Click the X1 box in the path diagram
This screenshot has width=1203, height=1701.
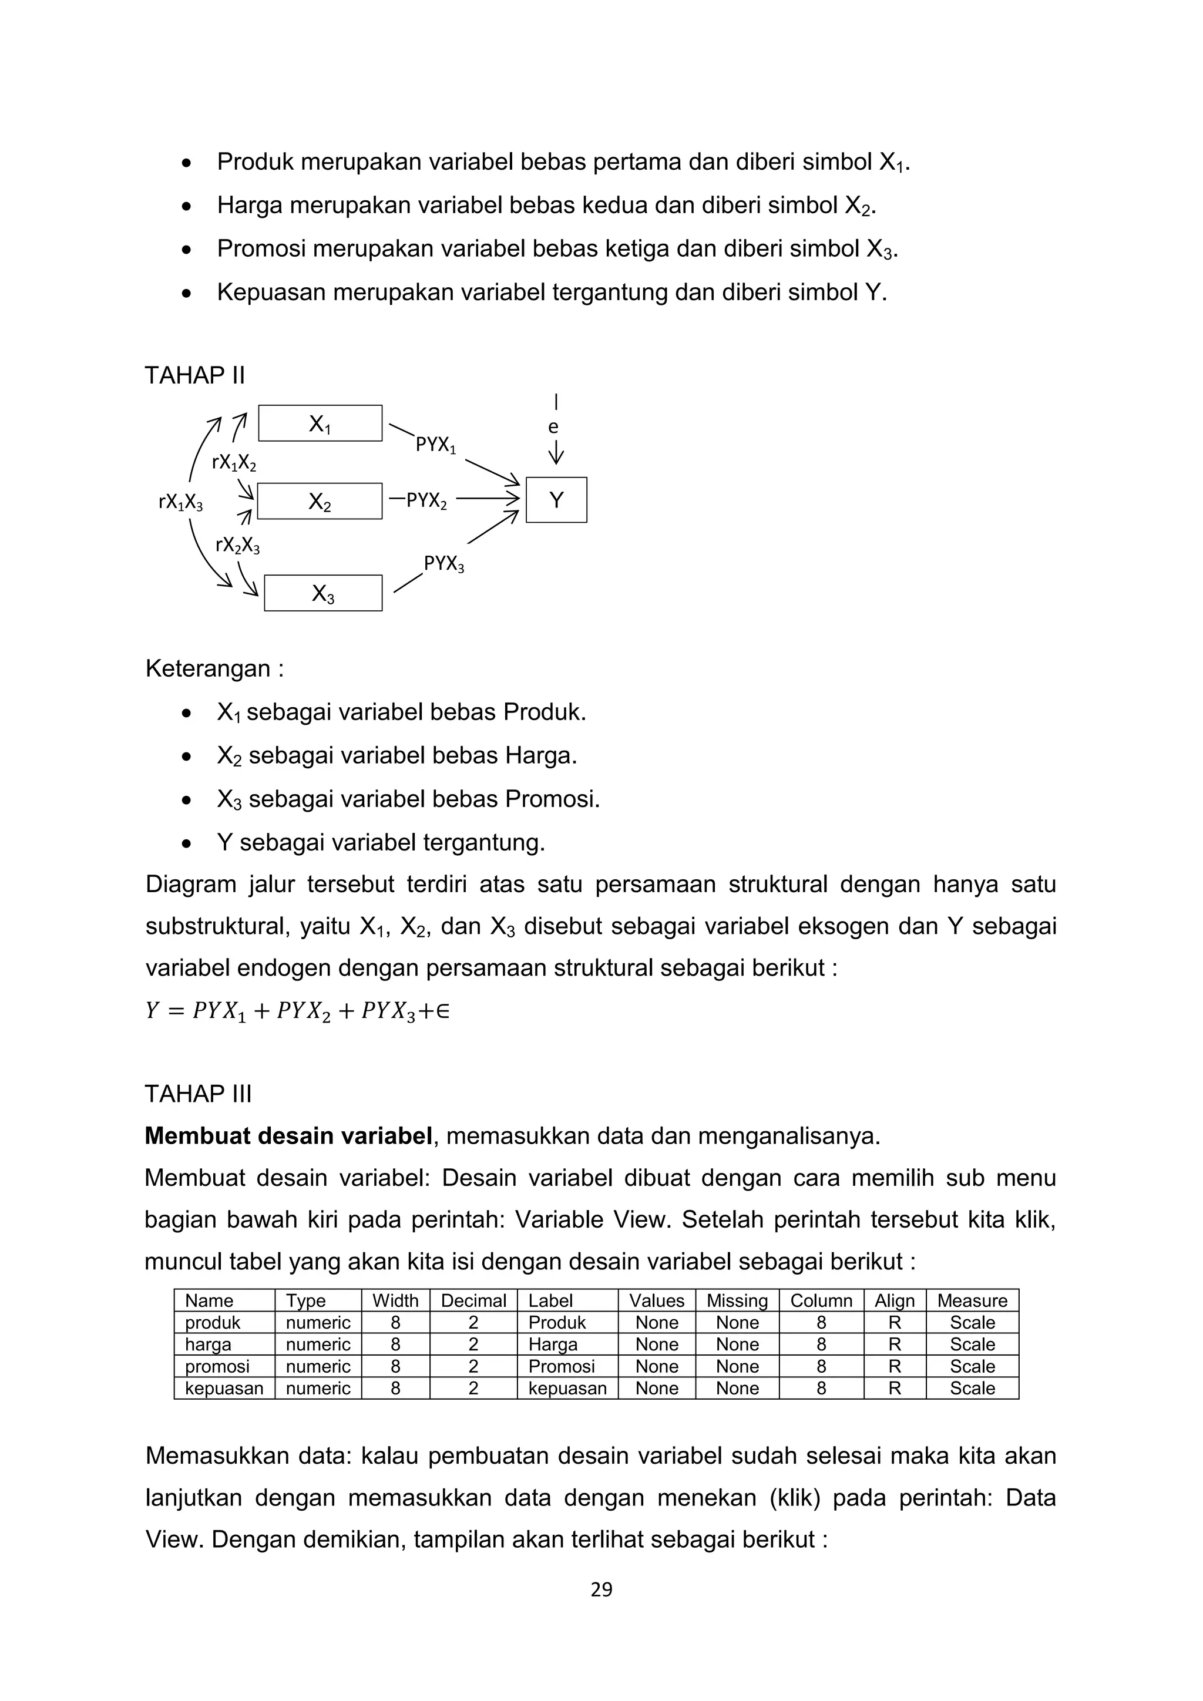(x=320, y=423)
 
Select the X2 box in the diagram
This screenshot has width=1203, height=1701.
(x=320, y=502)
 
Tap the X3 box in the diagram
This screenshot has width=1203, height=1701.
(x=323, y=593)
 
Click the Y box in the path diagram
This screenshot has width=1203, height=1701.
(x=556, y=500)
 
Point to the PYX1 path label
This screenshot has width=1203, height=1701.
(x=436, y=445)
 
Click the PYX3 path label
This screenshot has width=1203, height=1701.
(x=443, y=564)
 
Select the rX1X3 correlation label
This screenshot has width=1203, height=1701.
(x=181, y=502)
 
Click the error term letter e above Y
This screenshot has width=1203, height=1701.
(x=553, y=427)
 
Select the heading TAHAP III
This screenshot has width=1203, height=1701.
(x=199, y=1094)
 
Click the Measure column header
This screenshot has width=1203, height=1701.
(x=972, y=1300)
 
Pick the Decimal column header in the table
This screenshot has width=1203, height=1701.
(x=473, y=1300)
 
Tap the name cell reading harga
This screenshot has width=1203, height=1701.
(x=208, y=1344)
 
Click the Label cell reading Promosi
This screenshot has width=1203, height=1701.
(x=562, y=1366)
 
